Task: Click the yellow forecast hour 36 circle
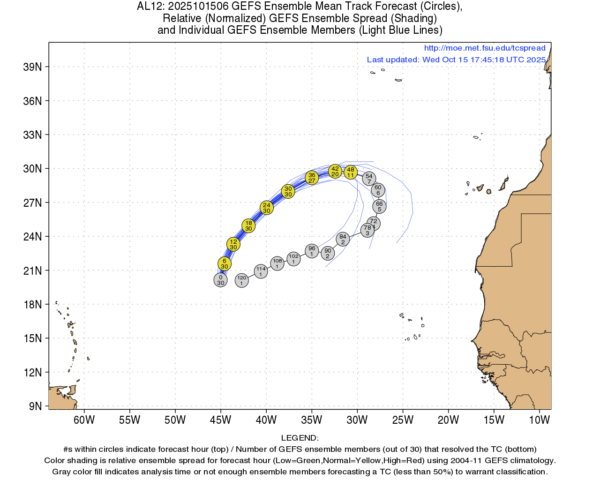tap(312, 178)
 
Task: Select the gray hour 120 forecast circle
tap(241, 280)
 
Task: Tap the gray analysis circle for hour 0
tap(220, 280)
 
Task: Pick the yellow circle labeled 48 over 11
tap(351, 172)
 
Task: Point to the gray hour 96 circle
tap(312, 251)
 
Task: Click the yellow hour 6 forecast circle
tap(225, 263)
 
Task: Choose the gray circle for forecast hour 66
tap(379, 206)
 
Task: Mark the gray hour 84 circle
tap(343, 239)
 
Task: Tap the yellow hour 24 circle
tap(267, 208)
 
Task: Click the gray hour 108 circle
tap(277, 263)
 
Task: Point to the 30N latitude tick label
tap(32, 169)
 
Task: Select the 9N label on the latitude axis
tap(35, 406)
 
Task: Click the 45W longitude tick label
tap(220, 420)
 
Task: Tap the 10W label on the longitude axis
tap(539, 420)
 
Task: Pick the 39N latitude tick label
tap(32, 67)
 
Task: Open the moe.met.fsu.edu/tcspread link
tap(485, 48)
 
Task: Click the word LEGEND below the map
tap(300, 438)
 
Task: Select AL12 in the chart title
tap(149, 7)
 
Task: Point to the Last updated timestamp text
tap(456, 60)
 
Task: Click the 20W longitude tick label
tap(448, 420)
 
